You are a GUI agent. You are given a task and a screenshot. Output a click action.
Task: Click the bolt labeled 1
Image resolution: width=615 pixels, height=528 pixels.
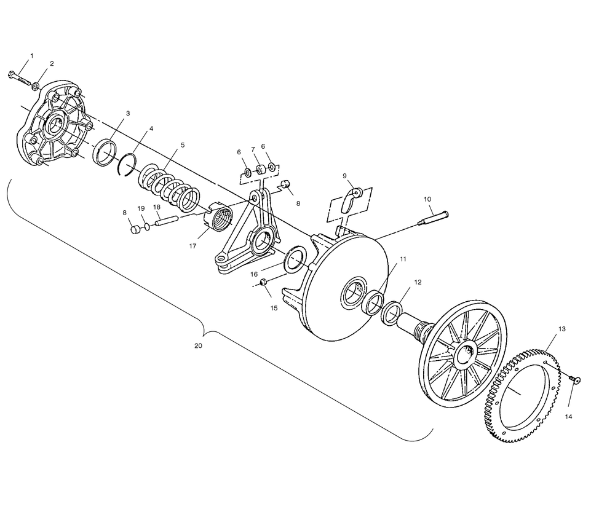click(x=18, y=77)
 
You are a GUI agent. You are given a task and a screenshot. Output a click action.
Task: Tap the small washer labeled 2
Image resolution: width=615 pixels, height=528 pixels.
click(x=36, y=86)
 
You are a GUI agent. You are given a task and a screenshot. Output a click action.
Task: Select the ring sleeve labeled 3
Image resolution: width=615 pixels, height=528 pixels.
click(x=105, y=152)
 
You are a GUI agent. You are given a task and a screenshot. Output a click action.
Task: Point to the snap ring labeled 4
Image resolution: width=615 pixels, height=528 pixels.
click(x=128, y=165)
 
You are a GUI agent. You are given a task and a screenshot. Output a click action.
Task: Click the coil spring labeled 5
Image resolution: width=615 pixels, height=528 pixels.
click(x=170, y=186)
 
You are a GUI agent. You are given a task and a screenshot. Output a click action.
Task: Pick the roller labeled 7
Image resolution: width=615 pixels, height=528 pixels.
click(x=260, y=170)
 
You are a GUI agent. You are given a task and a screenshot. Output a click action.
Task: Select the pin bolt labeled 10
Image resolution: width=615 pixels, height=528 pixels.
click(x=433, y=218)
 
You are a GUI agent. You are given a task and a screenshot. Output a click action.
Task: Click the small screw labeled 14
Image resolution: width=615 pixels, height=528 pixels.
click(x=575, y=379)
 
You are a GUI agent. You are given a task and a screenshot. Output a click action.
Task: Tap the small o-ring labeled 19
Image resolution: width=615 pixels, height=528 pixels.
click(x=147, y=226)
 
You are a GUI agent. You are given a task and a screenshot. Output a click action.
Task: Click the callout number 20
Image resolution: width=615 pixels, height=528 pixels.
click(x=199, y=345)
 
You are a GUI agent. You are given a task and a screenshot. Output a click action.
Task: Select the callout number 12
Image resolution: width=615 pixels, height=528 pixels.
click(x=418, y=282)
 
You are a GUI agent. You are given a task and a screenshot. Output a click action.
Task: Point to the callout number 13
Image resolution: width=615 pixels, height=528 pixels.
click(x=562, y=329)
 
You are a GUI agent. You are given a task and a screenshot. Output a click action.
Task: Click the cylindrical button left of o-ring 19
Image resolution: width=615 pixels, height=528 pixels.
click(x=136, y=229)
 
